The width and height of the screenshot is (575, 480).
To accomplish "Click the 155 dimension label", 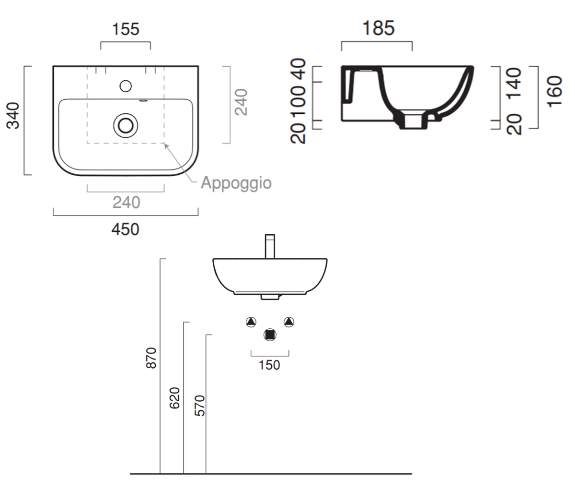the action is click(x=126, y=29).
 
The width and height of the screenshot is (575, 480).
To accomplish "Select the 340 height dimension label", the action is click(x=13, y=116).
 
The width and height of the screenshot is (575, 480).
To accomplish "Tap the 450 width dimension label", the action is click(x=125, y=229).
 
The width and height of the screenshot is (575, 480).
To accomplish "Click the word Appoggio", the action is click(x=236, y=183).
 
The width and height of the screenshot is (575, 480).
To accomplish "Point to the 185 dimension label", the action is click(x=379, y=28).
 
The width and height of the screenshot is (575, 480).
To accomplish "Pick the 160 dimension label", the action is click(x=554, y=92).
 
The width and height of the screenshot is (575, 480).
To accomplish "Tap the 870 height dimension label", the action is click(x=151, y=358).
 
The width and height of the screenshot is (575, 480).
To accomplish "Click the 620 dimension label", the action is click(x=174, y=398).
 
